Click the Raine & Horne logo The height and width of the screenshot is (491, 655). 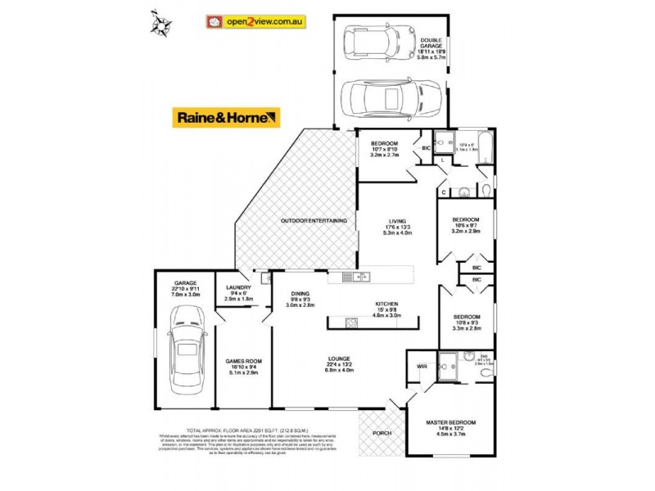point(225,118)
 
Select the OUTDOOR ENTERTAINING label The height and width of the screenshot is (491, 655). point(314,221)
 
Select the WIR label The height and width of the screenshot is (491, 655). point(422,366)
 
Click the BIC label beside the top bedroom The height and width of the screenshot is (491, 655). point(427,149)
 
